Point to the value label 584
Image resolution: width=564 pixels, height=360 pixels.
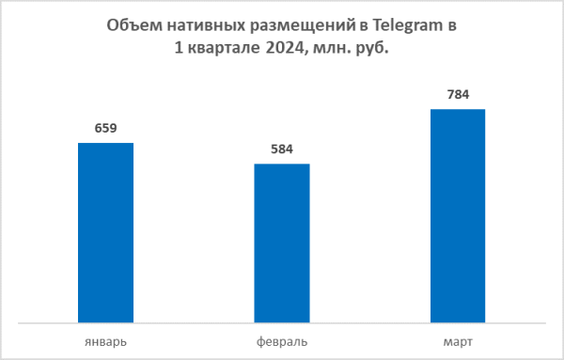coord(281,150)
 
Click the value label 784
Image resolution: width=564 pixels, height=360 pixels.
coord(458,95)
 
